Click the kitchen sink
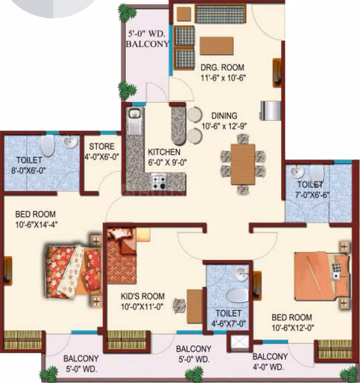(x=134, y=120)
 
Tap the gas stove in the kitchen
(x=159, y=181)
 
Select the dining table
(x=243, y=164)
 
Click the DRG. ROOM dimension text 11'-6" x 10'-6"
(x=223, y=78)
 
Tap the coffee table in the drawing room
(x=217, y=46)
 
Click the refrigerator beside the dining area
(x=270, y=111)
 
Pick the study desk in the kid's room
(x=195, y=306)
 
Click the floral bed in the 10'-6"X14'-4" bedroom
(x=74, y=271)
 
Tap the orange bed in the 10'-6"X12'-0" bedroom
(x=321, y=277)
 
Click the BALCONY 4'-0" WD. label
(x=270, y=362)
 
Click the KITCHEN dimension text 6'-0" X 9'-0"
(x=167, y=162)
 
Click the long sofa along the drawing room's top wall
(x=221, y=14)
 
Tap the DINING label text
(x=225, y=116)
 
